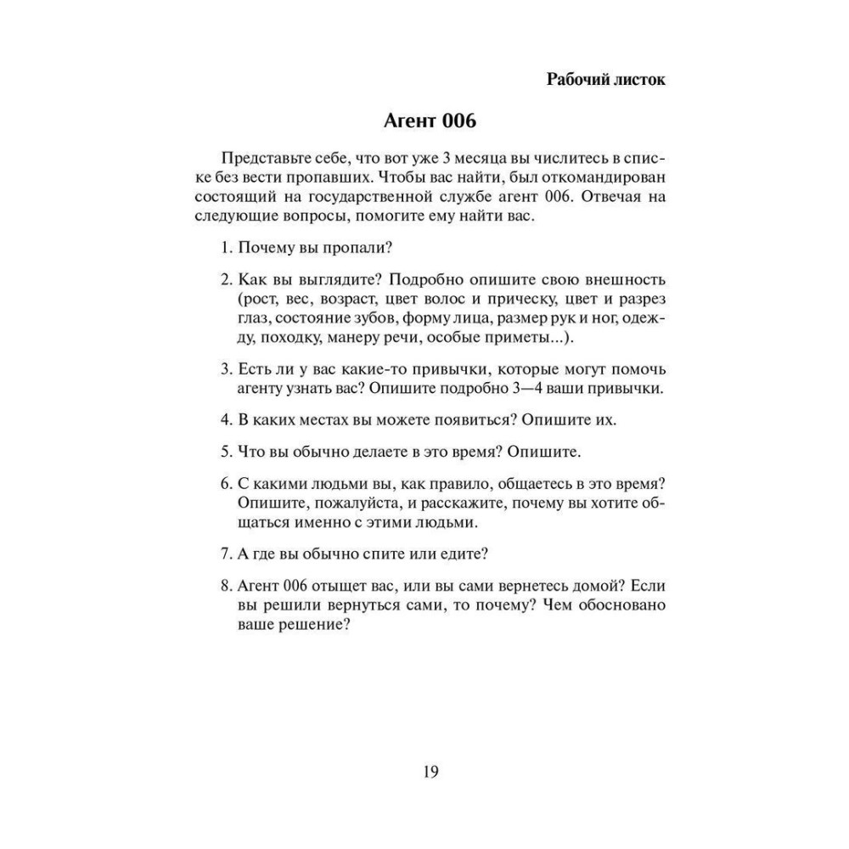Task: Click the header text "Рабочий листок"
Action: (x=605, y=80)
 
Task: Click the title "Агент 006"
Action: (x=424, y=121)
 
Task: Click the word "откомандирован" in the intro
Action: (x=605, y=177)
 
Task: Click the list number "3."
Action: (x=227, y=369)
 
